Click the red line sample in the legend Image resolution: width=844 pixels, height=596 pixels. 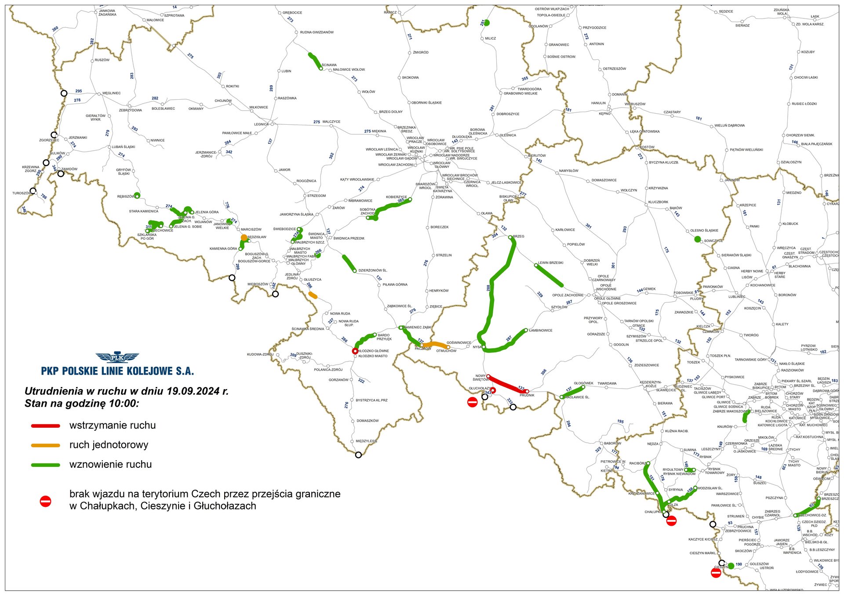coord(45,426)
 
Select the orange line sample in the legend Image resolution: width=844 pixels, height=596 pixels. coord(45,445)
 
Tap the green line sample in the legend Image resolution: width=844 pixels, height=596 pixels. coord(45,465)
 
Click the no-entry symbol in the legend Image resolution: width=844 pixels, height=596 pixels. coord(45,501)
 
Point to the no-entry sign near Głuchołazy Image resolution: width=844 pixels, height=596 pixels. coord(472,402)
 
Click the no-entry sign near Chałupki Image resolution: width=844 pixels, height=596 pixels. coord(671,521)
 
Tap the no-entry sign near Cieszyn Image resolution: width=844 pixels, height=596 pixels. coord(716,572)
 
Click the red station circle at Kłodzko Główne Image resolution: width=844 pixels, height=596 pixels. coord(355,351)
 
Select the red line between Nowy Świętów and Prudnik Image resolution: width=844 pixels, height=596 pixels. coord(508,384)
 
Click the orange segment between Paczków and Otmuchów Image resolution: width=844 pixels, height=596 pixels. coord(435,344)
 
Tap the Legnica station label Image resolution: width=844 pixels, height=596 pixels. coord(261,124)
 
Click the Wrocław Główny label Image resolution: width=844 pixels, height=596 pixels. coord(442,165)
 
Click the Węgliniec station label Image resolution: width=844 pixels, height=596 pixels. coord(111,93)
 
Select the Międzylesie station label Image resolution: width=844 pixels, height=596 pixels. coord(366,441)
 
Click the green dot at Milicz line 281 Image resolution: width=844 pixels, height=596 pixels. coord(487,22)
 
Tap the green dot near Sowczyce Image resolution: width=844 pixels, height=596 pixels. coord(697,239)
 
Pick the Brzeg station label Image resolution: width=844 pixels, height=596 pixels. coord(518,236)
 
